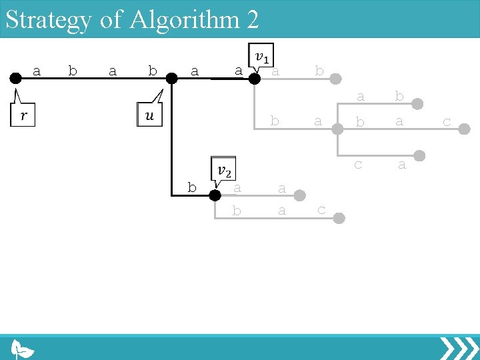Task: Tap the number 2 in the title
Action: click(x=252, y=19)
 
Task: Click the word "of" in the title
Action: click(x=111, y=19)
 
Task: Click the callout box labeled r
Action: click(x=22, y=116)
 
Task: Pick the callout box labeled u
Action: click(x=149, y=115)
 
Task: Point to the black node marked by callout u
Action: click(x=171, y=79)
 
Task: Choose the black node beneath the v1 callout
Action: click(x=254, y=79)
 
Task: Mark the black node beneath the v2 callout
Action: click(x=215, y=195)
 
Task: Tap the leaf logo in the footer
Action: click(x=22, y=349)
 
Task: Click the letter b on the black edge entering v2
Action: click(x=192, y=188)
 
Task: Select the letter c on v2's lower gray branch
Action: click(x=321, y=210)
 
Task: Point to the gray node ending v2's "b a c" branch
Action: click(x=339, y=217)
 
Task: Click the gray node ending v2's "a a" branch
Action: click(x=299, y=195)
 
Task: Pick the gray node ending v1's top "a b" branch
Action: click(x=339, y=79)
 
